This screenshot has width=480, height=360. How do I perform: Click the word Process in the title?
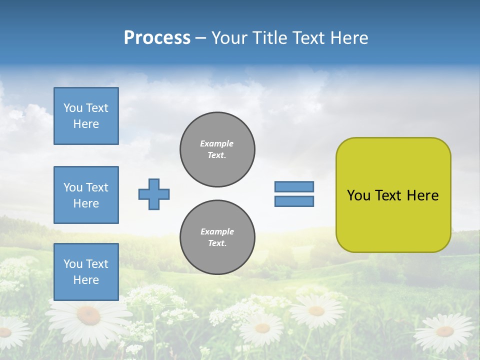[x=157, y=38]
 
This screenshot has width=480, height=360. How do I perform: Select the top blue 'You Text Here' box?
[x=86, y=116]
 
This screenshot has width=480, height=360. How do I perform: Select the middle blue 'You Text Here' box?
[x=86, y=195]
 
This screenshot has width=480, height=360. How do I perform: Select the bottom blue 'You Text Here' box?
[x=86, y=271]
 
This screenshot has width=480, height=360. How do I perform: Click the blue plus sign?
[x=154, y=194]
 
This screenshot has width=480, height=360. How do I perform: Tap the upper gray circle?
[x=217, y=149]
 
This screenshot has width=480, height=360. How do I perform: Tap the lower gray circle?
[x=217, y=237]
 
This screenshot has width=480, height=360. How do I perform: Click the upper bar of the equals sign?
[x=294, y=186]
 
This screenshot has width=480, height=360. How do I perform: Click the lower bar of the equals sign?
[x=294, y=201]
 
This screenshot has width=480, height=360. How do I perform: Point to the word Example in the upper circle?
[x=216, y=143]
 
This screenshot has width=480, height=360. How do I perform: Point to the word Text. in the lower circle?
[x=217, y=243]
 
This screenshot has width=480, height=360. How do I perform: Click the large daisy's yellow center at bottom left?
[x=89, y=315]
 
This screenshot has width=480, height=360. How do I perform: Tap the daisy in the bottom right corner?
[x=444, y=331]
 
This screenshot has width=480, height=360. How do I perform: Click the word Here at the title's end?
[x=349, y=38]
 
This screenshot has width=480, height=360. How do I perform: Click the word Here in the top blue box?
[x=86, y=124]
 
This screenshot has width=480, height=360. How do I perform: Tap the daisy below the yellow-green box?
[x=316, y=310]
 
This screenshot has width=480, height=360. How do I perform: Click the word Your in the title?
[x=230, y=38]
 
